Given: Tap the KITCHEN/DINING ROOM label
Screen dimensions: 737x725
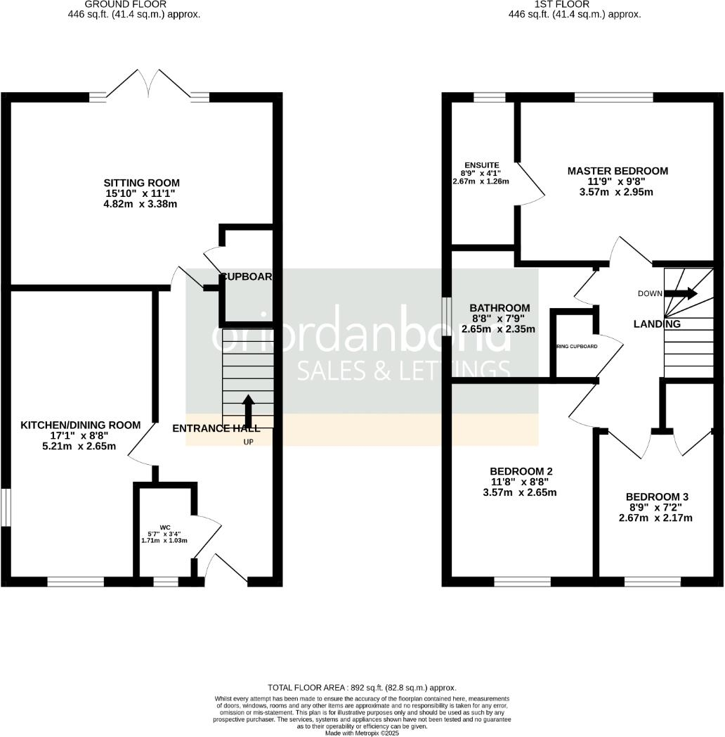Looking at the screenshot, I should [x=81, y=425].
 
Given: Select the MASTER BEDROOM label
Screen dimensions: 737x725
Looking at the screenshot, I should [x=618, y=171].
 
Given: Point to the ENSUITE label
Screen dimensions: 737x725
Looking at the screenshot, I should [x=481, y=165].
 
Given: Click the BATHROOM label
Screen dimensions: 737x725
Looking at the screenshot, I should [x=499, y=308].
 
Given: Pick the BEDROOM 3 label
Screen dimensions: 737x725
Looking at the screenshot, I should [x=658, y=496].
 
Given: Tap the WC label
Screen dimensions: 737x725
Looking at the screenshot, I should [x=165, y=527].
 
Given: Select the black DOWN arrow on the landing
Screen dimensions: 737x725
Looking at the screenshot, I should [x=681, y=293].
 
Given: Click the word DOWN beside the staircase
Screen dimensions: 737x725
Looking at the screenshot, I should [x=650, y=293].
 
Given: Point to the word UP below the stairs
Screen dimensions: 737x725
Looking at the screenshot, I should [x=248, y=442].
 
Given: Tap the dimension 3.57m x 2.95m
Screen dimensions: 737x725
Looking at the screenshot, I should [x=618, y=192].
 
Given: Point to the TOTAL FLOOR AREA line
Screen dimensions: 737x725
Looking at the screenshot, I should [x=362, y=687].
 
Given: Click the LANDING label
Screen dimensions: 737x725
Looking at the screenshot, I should [x=657, y=324].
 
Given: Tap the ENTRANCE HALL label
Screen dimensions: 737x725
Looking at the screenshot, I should [x=216, y=428].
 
